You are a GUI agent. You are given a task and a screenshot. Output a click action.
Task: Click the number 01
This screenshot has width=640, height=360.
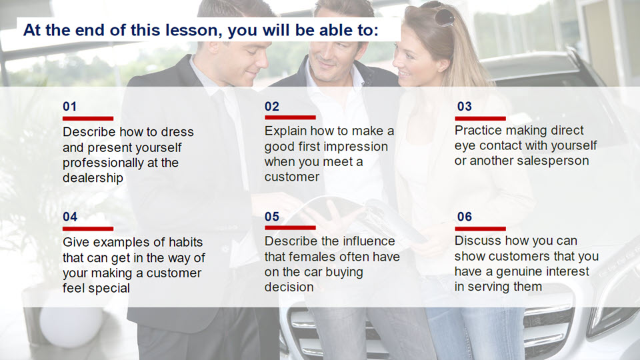pos(69,107)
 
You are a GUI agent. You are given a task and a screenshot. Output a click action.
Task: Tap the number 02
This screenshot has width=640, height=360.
pos(272,107)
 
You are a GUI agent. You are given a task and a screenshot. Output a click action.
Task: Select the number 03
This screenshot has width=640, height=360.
pos(465,107)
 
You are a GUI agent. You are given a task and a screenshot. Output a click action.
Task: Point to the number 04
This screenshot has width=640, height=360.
pos(70,217)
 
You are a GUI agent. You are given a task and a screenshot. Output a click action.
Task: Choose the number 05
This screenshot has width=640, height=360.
pos(272,217)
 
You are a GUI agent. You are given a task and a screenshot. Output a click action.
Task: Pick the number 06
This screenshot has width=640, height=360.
pos(465,217)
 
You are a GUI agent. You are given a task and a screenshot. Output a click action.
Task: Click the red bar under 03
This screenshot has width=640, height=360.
pos(481,119)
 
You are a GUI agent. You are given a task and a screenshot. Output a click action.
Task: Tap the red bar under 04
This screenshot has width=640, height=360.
pos(88,229)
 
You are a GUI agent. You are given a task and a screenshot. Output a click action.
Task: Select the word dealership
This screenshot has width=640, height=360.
pos(93,178)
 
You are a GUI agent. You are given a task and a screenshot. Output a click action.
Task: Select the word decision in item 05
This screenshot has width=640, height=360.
pos(289,287)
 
